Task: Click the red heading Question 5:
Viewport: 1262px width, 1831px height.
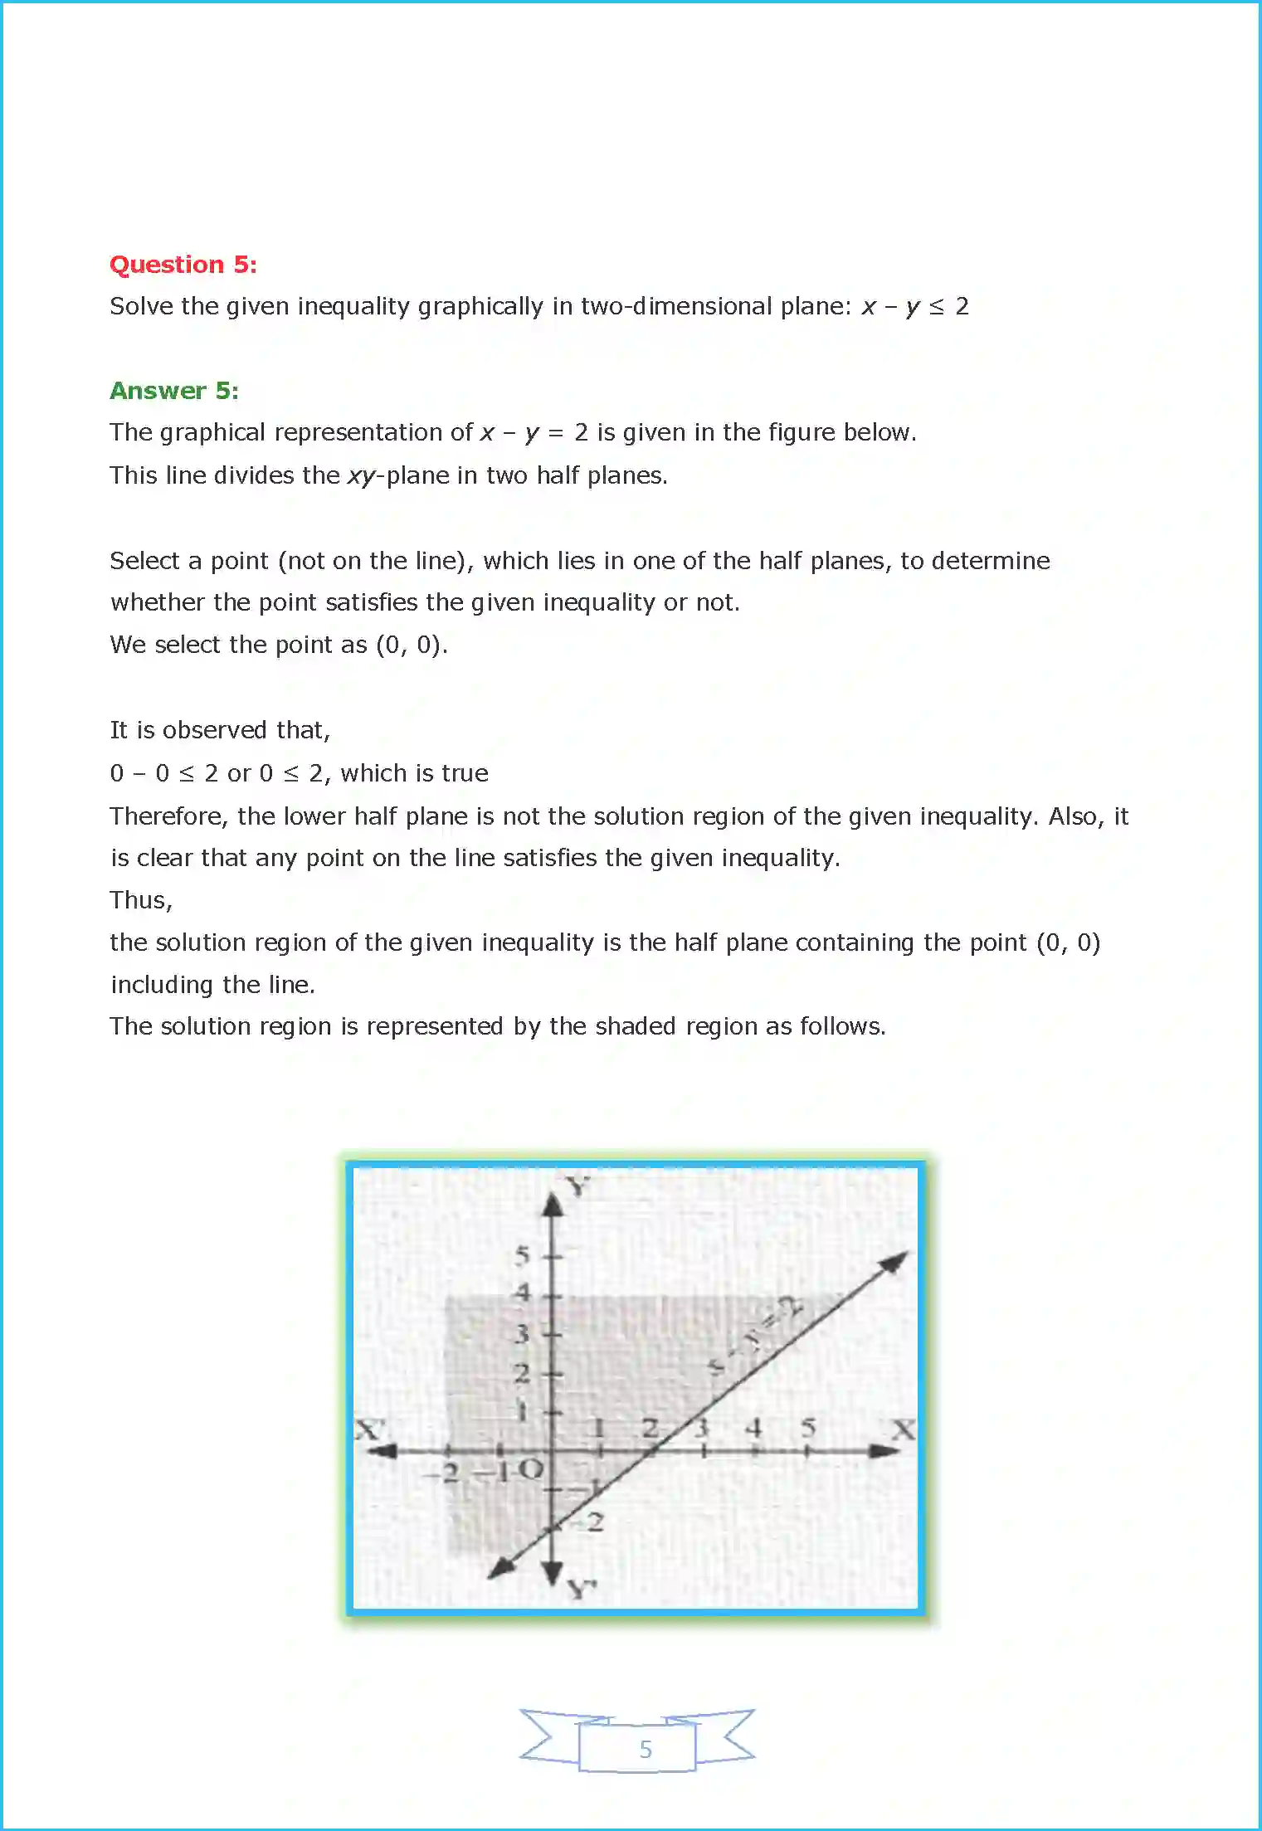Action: (x=183, y=265)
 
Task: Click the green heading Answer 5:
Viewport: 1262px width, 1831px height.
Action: (x=174, y=391)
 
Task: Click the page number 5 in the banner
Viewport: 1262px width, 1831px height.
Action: (x=646, y=1749)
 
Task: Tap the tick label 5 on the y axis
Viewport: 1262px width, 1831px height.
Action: (x=521, y=1256)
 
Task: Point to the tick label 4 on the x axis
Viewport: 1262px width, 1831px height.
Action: (x=753, y=1428)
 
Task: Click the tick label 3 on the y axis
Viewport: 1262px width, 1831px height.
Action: (x=521, y=1334)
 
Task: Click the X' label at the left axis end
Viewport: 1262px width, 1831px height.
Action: (x=369, y=1429)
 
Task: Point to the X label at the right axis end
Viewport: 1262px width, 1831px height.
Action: (x=903, y=1429)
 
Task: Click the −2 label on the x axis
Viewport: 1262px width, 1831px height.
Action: (x=445, y=1473)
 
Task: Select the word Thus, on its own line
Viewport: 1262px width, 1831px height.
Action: (x=141, y=901)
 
